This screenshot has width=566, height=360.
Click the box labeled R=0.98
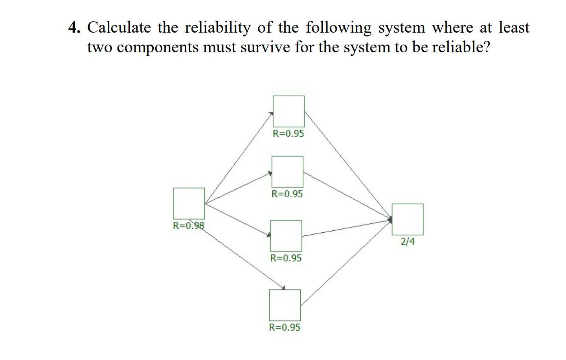point(189,203)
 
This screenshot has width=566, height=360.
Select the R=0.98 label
point(189,226)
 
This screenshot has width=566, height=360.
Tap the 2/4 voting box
point(407,219)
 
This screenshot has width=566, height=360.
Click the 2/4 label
point(408,241)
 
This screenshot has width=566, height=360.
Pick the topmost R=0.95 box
point(289,111)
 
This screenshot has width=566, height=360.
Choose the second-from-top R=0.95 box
point(287,172)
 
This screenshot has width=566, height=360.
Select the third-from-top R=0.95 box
point(286,236)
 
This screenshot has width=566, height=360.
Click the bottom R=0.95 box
point(285,305)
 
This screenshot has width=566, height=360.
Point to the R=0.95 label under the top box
point(289,134)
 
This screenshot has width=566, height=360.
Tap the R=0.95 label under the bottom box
point(285,327)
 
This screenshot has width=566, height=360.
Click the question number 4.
point(74,28)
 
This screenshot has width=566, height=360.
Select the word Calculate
point(119,28)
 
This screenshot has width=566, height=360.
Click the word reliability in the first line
point(217,28)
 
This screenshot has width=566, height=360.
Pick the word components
point(158,48)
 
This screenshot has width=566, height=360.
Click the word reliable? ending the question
point(461,48)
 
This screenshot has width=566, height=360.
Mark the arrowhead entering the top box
point(271,114)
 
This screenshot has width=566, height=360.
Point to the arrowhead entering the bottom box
point(283,288)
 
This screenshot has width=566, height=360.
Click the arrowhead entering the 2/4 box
point(390,219)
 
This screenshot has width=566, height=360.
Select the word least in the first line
point(514,28)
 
